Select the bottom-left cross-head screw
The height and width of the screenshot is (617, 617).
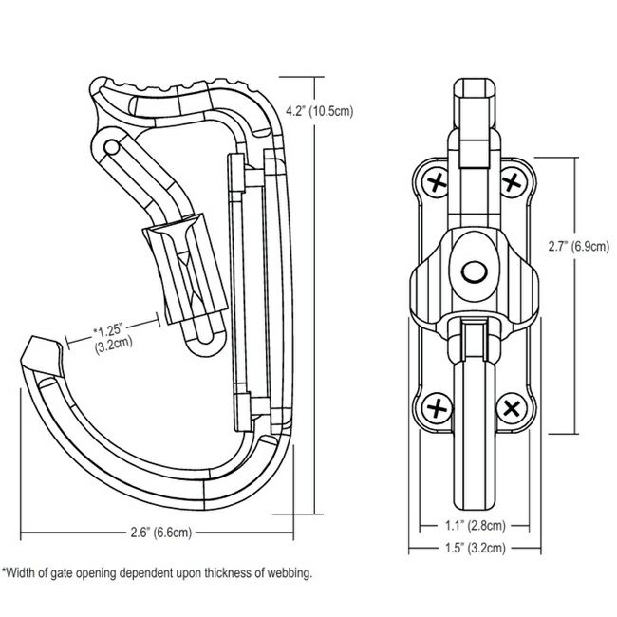click(437, 409)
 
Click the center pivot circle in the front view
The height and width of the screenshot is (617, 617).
click(473, 271)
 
